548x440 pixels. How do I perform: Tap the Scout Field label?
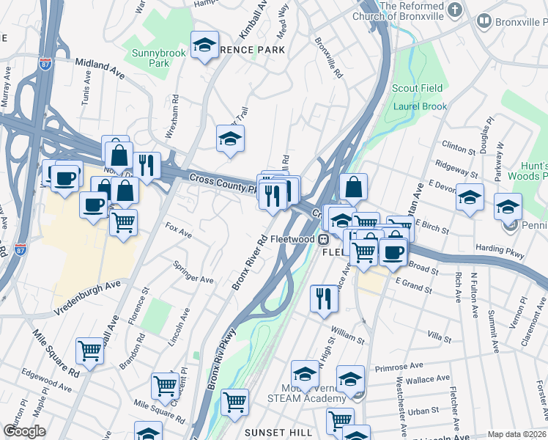pos(417,88)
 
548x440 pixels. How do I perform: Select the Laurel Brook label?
pos(420,106)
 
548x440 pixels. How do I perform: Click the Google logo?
pos(24,431)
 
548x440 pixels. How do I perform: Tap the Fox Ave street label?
pos(179,230)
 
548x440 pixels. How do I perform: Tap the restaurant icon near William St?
pos(324,298)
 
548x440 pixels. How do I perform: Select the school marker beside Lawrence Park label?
pos(205,45)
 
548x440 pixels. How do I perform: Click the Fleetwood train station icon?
pos(323,239)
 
